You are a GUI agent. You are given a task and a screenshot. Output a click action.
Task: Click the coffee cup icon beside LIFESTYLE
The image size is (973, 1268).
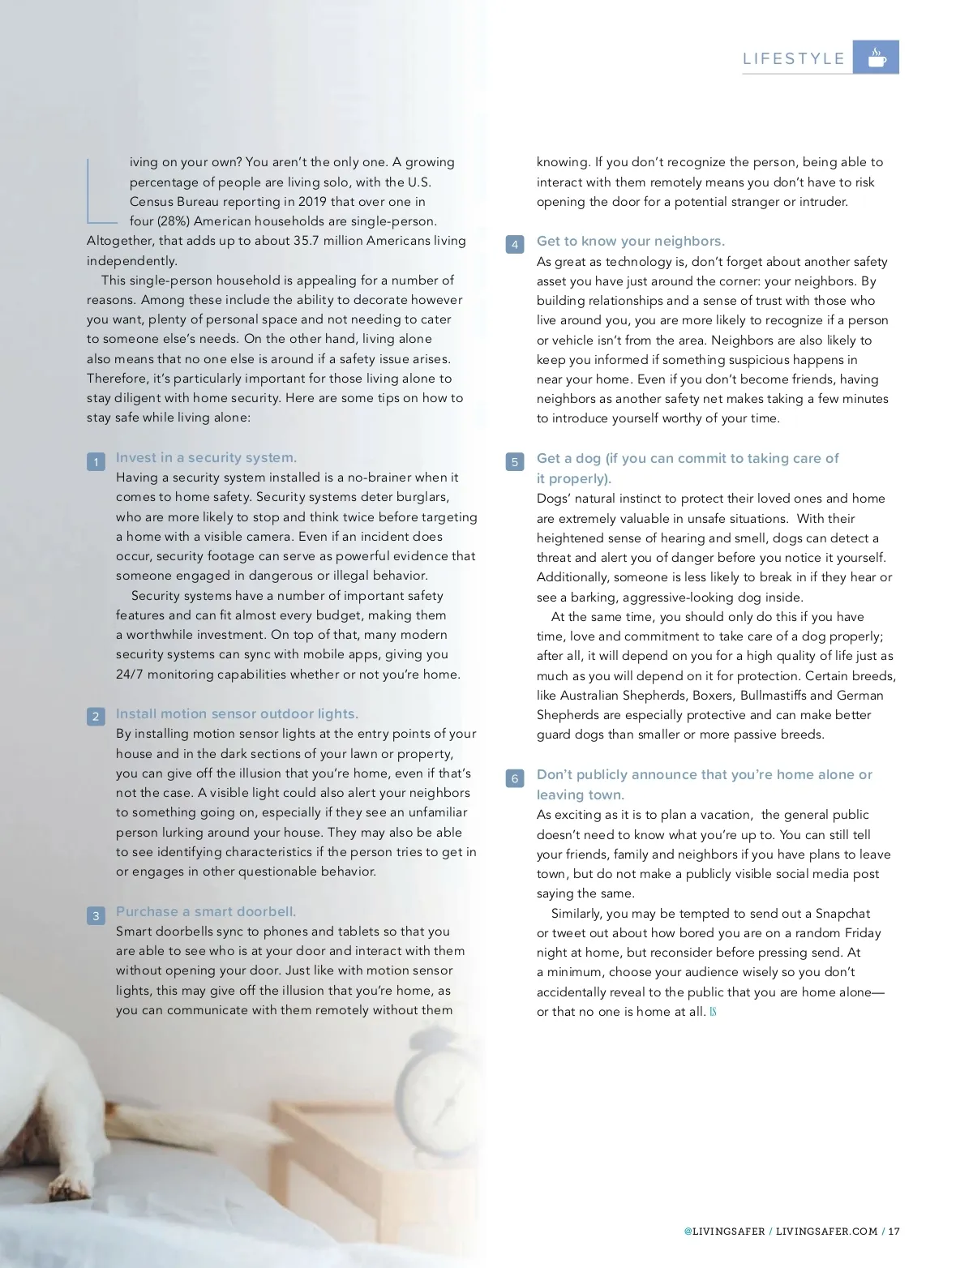[877, 58]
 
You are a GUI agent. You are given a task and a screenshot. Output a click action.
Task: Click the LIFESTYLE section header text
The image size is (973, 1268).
[794, 58]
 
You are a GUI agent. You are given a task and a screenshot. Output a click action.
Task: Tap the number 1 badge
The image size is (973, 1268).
[96, 462]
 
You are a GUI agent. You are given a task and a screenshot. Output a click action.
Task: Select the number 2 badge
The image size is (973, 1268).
[96, 717]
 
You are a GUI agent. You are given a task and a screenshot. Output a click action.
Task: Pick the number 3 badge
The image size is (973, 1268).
[96, 916]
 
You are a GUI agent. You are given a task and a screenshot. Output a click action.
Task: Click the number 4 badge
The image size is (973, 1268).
[515, 244]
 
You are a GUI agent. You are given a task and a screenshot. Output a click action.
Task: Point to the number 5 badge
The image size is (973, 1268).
[515, 462]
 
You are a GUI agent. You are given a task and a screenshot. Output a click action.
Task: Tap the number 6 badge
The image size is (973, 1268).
[515, 778]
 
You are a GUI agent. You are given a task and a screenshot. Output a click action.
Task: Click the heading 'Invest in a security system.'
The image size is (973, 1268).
[206, 457]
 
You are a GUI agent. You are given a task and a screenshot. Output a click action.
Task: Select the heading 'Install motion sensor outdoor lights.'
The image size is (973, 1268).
[237, 713]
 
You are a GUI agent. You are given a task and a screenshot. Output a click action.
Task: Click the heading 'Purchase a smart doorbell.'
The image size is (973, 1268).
[206, 911]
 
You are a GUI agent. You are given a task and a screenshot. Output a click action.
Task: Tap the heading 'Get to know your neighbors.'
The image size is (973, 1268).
[630, 241]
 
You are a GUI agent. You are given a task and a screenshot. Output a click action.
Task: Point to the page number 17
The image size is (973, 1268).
[894, 1231]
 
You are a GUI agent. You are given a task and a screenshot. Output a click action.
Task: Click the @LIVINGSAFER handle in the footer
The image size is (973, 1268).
[724, 1231]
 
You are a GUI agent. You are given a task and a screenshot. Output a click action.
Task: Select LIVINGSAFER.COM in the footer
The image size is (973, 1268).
[826, 1231]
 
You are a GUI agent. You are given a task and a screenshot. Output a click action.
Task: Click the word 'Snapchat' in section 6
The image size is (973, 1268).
[842, 914]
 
